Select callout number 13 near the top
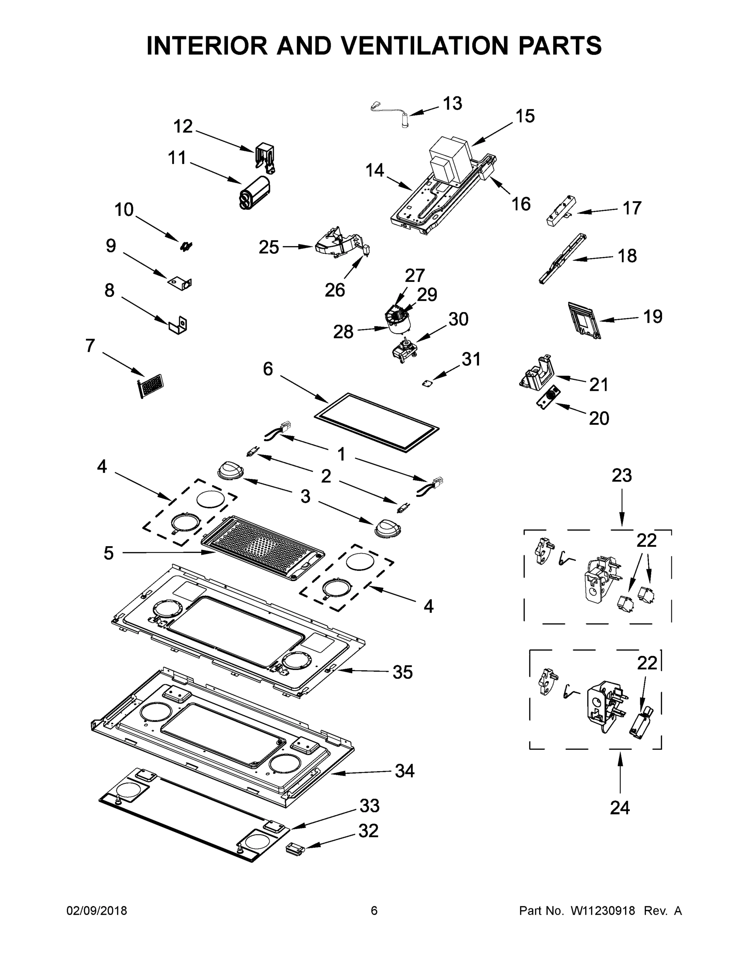point(452,103)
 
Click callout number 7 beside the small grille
point(90,345)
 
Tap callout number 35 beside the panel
point(402,672)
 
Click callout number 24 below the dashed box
point(619,807)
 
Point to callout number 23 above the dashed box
point(622,476)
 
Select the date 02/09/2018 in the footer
point(97,910)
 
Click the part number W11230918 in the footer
point(603,910)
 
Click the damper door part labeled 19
point(583,320)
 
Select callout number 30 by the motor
point(458,319)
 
